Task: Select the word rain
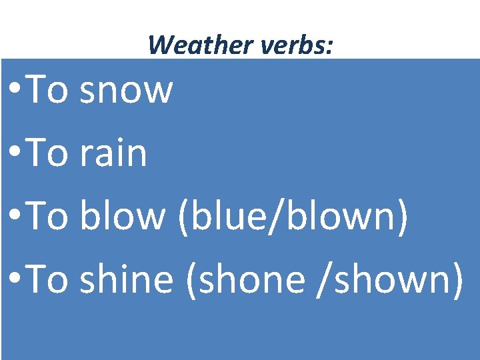[113, 154]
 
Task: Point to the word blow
[122, 217]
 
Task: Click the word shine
[126, 279]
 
